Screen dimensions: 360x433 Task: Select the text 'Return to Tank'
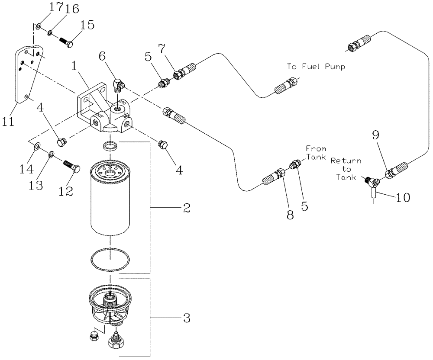346,169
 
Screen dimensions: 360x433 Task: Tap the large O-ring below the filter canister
110,260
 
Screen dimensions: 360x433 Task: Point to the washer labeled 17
39,26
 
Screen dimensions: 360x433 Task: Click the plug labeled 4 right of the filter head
164,146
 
